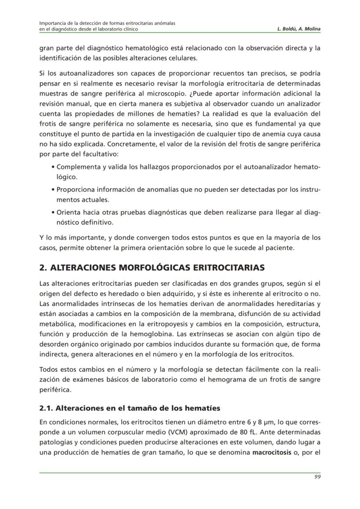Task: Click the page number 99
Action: tap(317, 476)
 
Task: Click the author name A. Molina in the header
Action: tap(310, 29)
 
